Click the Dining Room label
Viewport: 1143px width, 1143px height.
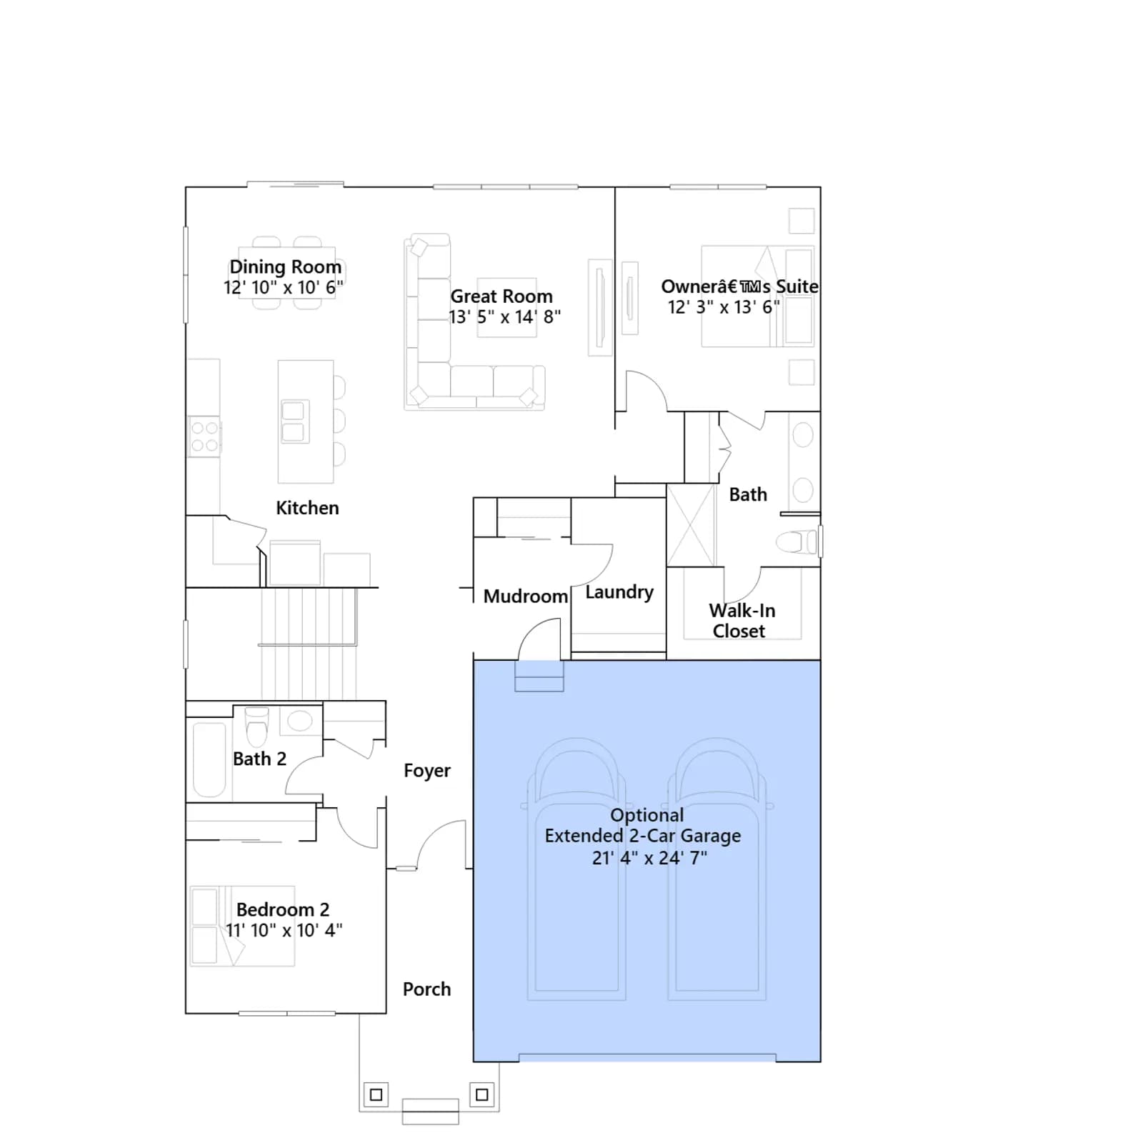point(285,267)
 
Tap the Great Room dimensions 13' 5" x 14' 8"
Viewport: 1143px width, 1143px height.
point(504,317)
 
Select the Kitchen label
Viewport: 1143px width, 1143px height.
point(307,508)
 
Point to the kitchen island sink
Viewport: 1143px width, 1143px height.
point(293,421)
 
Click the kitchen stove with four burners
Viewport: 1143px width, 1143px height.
point(204,436)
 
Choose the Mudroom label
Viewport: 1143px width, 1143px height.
point(526,597)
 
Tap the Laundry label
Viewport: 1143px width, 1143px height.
point(619,592)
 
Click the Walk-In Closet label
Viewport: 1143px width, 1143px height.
point(742,621)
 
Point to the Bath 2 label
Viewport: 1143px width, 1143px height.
point(259,759)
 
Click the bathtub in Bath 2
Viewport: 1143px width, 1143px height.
point(209,759)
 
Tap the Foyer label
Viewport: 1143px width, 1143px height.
point(427,771)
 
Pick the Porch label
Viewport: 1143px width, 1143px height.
point(427,989)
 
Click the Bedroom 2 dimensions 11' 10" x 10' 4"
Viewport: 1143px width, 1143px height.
point(284,931)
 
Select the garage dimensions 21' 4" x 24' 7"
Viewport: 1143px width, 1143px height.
point(649,858)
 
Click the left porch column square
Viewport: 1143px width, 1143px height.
point(376,1094)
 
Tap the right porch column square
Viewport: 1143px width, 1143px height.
point(482,1094)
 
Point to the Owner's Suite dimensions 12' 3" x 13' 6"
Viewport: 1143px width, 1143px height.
point(724,307)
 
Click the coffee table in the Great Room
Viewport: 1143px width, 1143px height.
point(507,307)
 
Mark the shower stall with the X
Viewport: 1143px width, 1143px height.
point(692,525)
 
